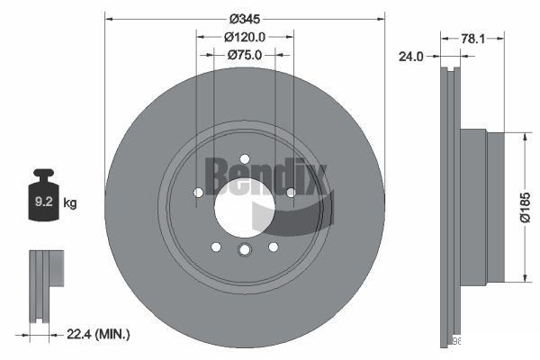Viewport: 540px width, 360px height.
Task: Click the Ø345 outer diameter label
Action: [245, 19]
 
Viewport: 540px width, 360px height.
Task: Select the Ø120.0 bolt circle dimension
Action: [244, 37]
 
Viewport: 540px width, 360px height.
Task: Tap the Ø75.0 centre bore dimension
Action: [244, 55]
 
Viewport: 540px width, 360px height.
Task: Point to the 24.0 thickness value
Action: [410, 56]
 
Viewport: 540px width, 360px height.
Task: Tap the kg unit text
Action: [70, 203]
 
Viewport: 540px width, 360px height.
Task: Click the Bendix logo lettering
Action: [263, 175]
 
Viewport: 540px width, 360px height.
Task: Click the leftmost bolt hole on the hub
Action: [199, 192]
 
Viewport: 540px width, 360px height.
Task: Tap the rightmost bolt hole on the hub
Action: [291, 192]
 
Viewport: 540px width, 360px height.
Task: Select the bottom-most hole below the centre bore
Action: [245, 251]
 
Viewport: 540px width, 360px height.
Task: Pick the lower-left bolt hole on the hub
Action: [216, 247]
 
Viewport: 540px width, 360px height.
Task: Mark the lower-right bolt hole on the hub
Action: [274, 247]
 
